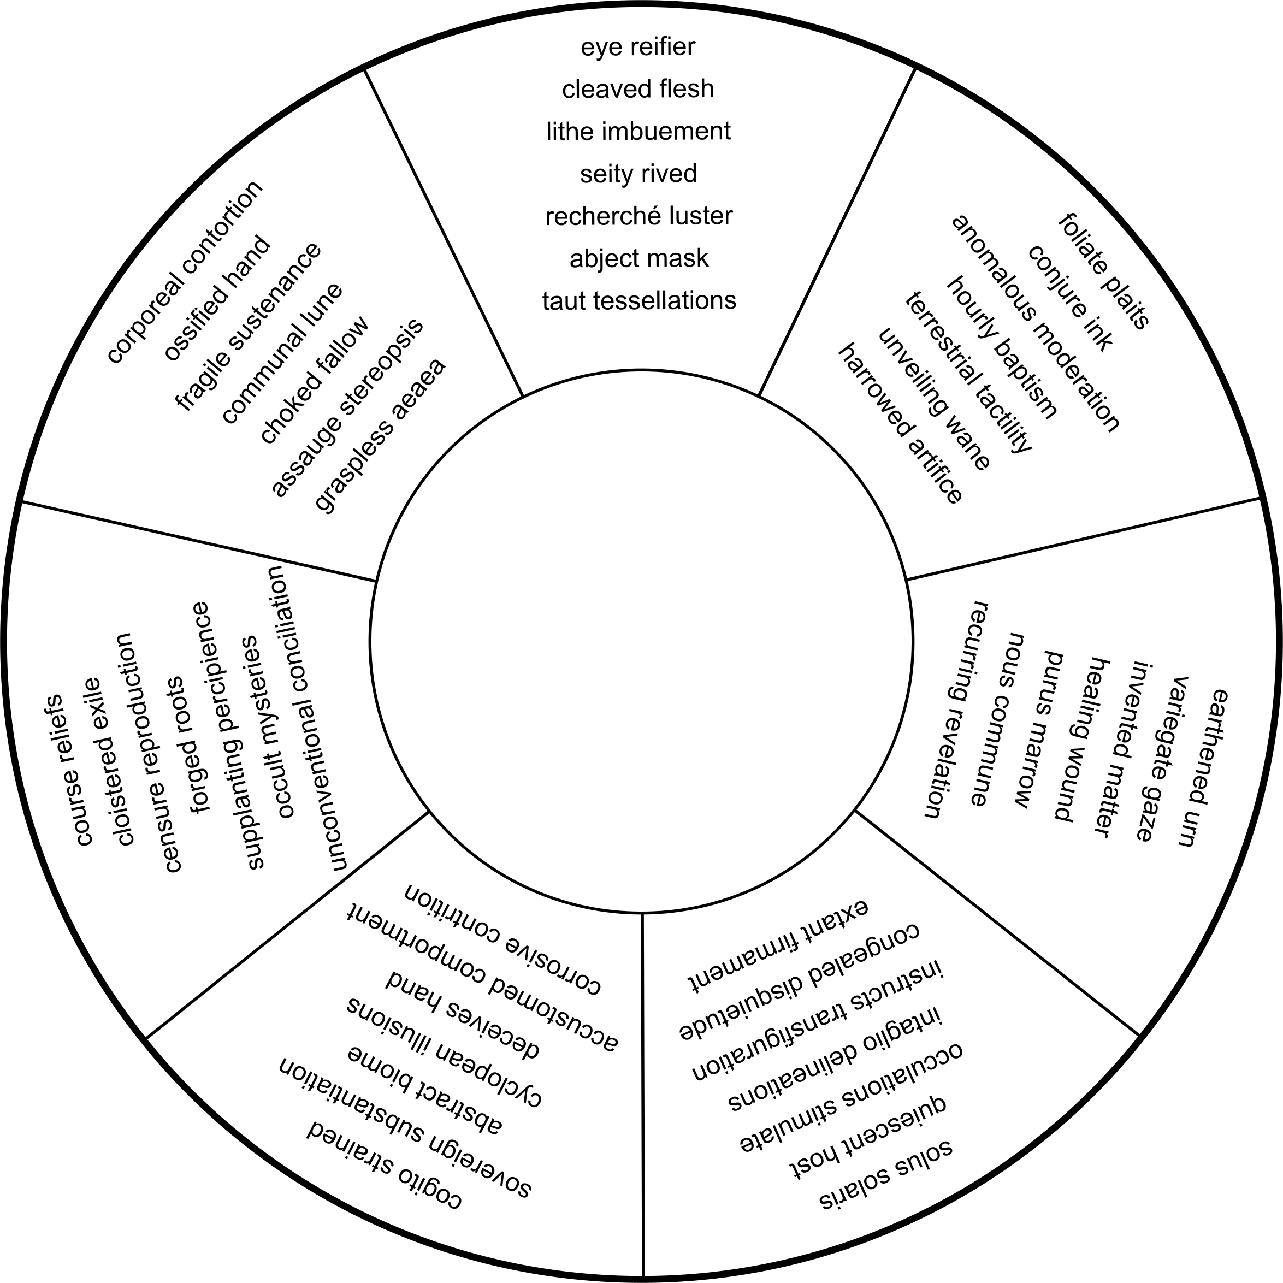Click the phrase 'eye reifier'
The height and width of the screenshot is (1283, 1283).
(637, 47)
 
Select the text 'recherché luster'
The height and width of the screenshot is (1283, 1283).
(638, 216)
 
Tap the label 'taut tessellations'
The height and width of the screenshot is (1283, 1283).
(639, 301)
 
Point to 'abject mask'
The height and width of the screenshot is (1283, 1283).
(639, 258)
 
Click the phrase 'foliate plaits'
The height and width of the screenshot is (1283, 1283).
(1103, 271)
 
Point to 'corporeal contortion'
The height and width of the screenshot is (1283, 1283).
(185, 271)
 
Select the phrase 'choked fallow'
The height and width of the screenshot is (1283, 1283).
(314, 380)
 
